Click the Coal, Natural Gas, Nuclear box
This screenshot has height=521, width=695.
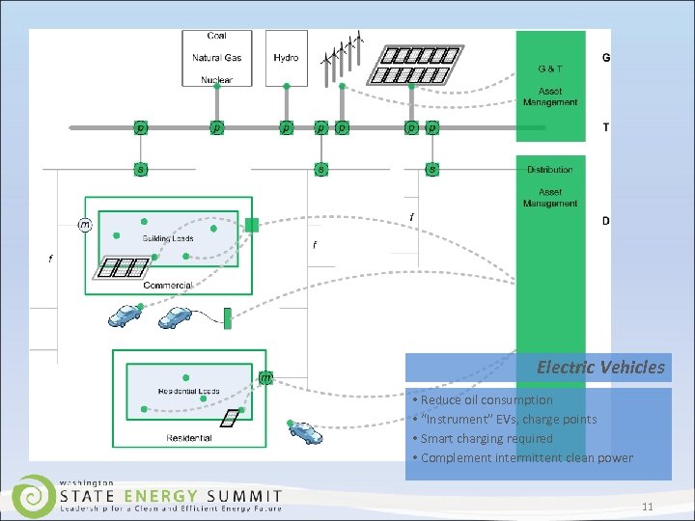217,58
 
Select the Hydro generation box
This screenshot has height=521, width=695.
286,58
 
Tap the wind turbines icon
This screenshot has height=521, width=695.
345,53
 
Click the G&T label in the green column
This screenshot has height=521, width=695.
551,69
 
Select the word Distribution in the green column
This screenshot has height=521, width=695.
549,170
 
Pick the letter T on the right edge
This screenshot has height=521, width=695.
605,127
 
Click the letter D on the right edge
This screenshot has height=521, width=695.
605,222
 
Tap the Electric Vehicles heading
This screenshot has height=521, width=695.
600,367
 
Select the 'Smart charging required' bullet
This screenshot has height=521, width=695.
486,438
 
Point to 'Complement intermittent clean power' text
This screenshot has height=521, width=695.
526,457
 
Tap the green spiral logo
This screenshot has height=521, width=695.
34,495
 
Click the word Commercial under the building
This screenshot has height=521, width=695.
168,286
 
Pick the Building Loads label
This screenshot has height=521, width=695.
168,238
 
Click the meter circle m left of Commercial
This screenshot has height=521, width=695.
85,225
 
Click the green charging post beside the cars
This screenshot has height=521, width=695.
228,317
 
